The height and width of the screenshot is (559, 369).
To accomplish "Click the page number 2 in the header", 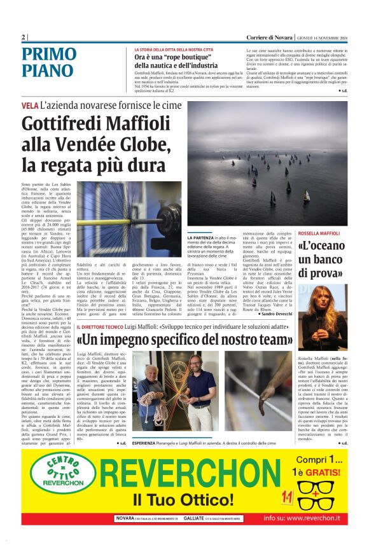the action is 24,37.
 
